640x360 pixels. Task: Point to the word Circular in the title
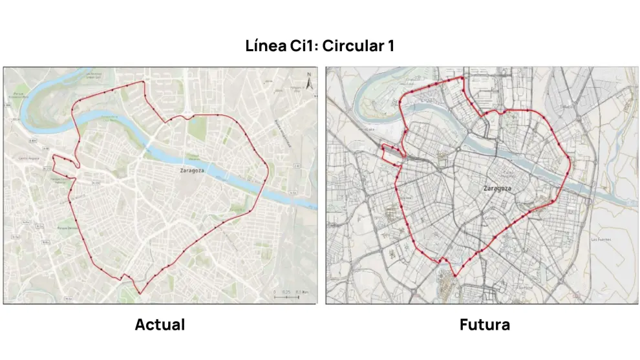pos(355,47)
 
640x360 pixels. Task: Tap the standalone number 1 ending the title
pos(390,47)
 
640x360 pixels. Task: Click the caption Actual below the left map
pos(160,324)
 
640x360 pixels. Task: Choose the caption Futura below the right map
pos(484,324)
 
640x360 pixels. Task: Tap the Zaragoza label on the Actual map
pos(194,171)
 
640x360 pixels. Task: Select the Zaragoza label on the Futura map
pos(497,188)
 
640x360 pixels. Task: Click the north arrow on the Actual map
pos(309,82)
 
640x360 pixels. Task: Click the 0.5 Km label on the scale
pos(302,293)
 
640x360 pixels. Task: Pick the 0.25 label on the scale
pos(287,293)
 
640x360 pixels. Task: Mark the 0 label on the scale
pos(274,293)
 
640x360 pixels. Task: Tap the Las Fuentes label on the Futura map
pos(601,239)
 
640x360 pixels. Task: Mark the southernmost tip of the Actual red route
pos(140,294)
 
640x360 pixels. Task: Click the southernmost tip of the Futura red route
pos(454,276)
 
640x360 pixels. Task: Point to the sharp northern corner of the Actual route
pos(143,83)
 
